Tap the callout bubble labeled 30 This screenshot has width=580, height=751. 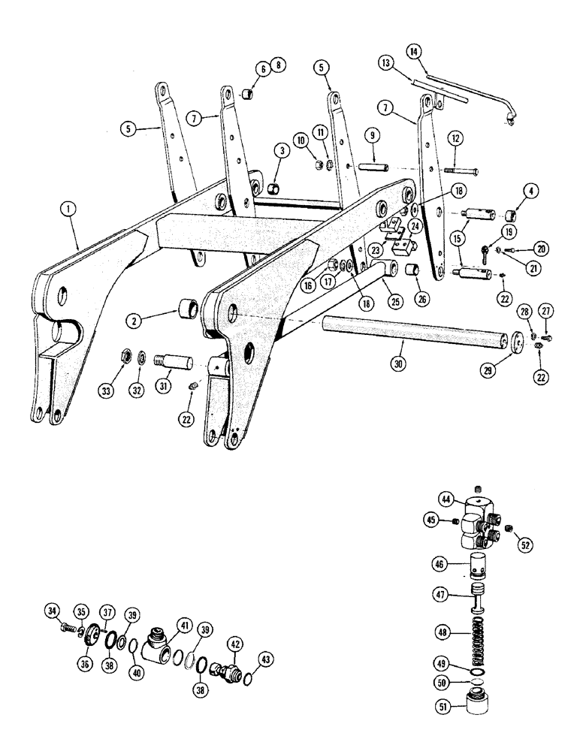coord(398,362)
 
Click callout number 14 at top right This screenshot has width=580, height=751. coord(414,52)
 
